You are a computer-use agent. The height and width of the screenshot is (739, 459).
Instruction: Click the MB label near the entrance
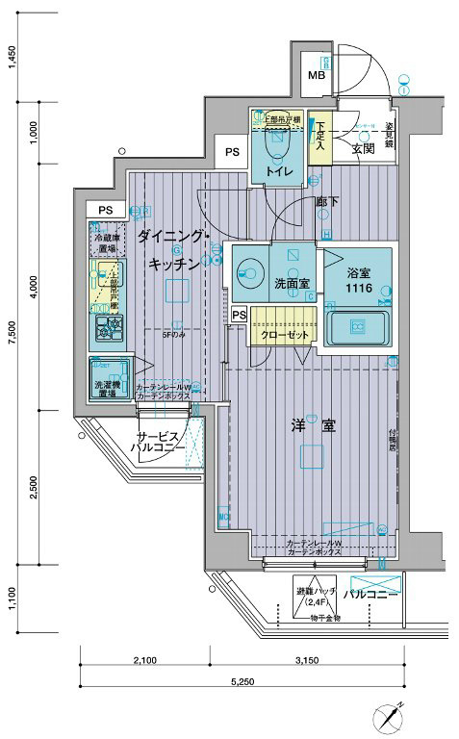tap(316, 76)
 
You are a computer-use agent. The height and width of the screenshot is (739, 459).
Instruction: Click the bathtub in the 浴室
tap(357, 328)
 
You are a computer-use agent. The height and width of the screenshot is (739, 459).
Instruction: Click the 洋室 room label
tap(315, 425)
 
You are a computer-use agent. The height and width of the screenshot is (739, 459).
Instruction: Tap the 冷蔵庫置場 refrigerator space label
tap(106, 242)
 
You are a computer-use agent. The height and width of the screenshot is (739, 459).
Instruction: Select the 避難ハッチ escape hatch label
tap(313, 595)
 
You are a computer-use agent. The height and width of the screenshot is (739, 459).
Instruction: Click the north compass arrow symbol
tap(392, 719)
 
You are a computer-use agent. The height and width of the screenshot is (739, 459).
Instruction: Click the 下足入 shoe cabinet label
tap(320, 141)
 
